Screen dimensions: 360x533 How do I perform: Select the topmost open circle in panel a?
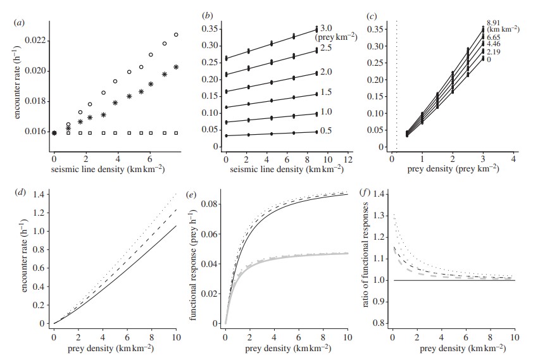click(x=176, y=35)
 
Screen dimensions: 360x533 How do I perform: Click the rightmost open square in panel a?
click(x=176, y=133)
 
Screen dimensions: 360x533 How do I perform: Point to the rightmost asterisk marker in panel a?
click(x=176, y=67)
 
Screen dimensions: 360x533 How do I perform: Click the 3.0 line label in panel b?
click(x=343, y=28)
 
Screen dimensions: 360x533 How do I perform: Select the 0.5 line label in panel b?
click(x=343, y=131)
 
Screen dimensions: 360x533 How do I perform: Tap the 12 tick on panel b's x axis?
click(x=346, y=157)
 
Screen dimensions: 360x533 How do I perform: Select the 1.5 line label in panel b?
click(x=343, y=92)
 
